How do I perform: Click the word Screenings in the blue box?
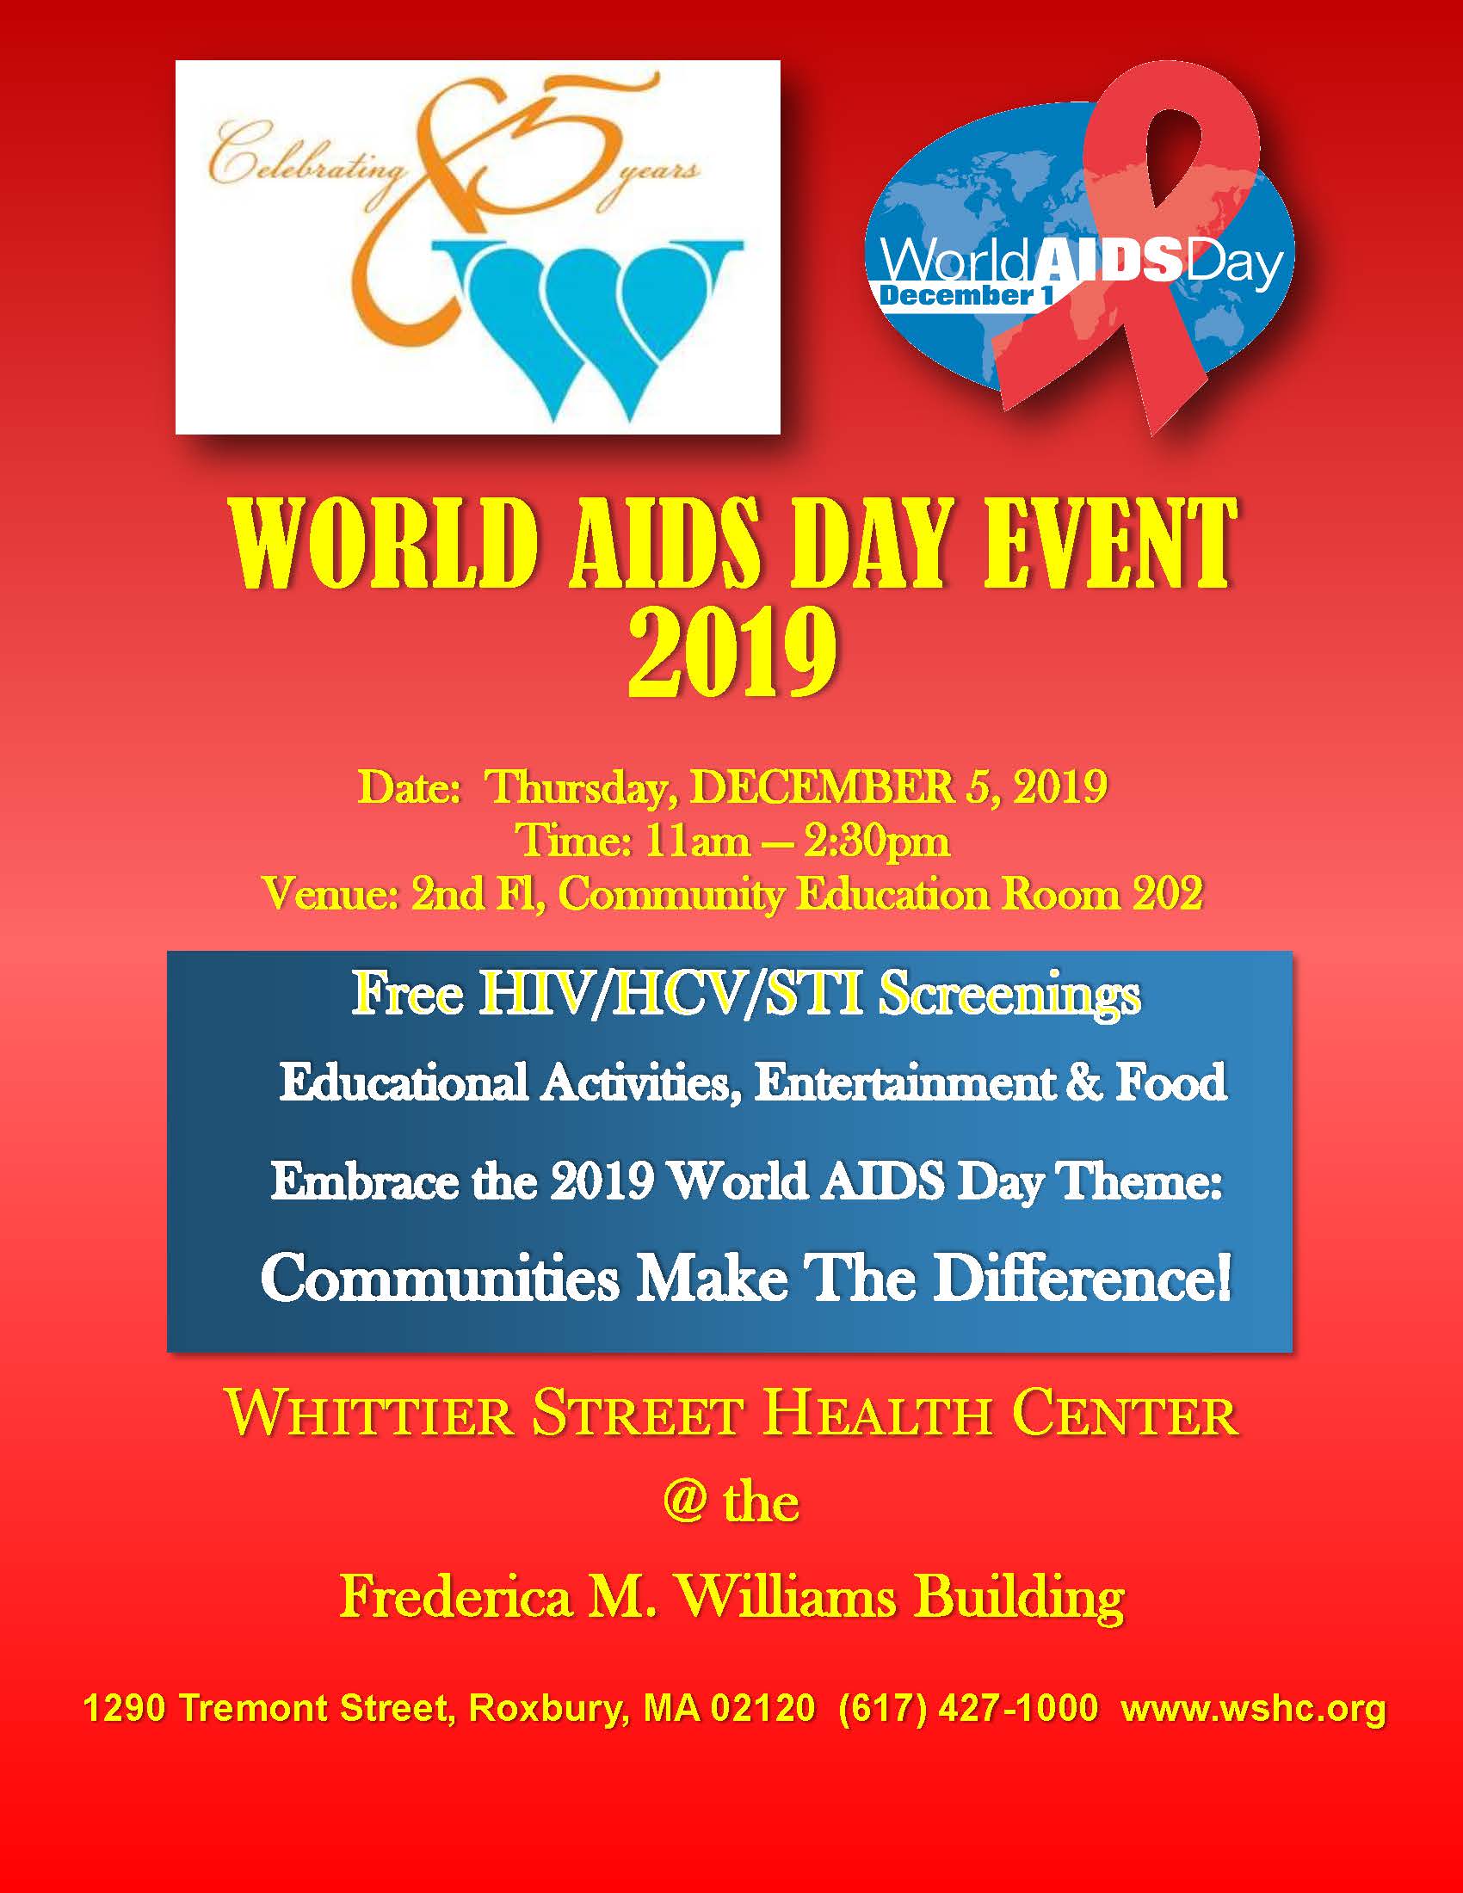point(1009,996)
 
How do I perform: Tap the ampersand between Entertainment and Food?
point(1084,1083)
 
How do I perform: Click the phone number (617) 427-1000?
point(968,1708)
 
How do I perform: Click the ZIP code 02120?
point(763,1708)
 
